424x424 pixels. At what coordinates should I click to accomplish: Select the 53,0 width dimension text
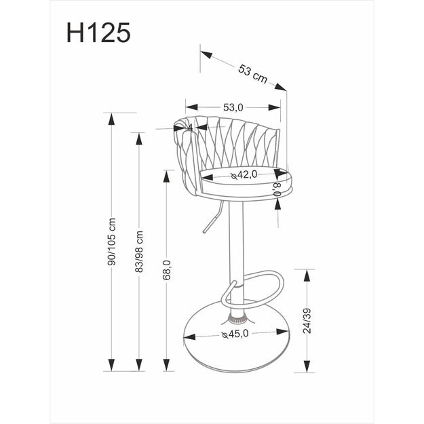(233, 107)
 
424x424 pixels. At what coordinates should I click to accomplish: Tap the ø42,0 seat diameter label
(244, 175)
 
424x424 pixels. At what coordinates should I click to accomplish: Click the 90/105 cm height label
(112, 244)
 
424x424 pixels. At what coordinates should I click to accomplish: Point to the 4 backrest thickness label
(190, 127)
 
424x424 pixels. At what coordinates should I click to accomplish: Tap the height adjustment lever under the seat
(212, 219)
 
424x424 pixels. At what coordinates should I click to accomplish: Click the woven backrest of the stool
(231, 142)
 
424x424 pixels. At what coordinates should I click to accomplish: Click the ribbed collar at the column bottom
(237, 316)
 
